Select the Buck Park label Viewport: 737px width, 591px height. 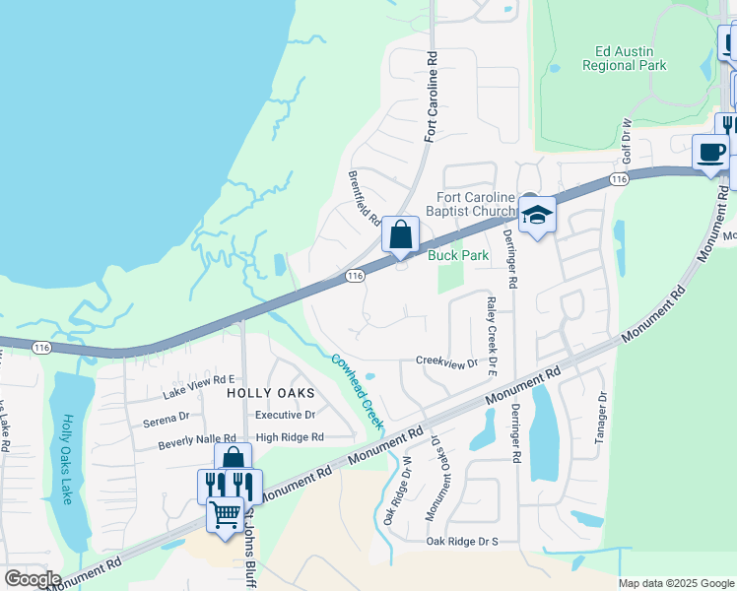[458, 255]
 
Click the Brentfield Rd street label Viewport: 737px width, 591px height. [365, 197]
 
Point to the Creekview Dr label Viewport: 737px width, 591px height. [446, 361]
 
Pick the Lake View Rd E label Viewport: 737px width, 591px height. [198, 379]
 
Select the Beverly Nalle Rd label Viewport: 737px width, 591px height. [197, 443]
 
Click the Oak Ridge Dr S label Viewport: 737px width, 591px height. [463, 541]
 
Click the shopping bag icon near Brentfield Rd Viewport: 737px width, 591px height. [400, 235]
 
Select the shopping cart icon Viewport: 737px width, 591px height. [226, 514]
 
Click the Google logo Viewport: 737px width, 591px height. [32, 579]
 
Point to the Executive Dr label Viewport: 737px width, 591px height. [285, 416]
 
